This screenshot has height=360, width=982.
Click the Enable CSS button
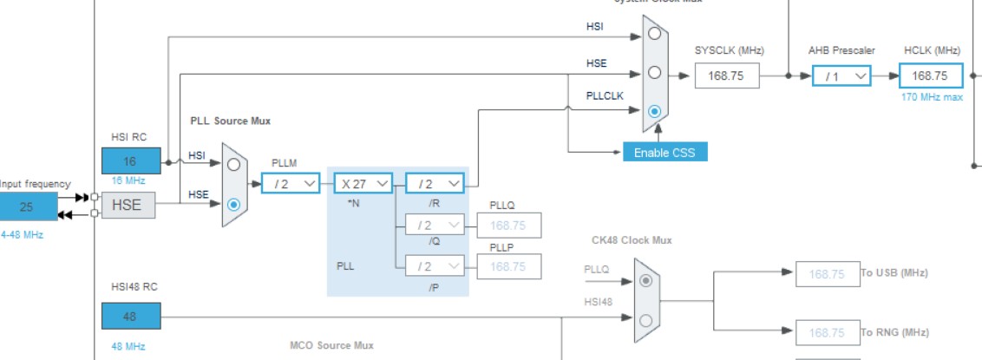pyautogui.click(x=664, y=152)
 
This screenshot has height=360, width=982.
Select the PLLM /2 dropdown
pyautogui.click(x=291, y=183)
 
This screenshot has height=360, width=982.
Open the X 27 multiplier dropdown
pyautogui.click(x=363, y=183)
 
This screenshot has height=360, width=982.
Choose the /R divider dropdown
pyautogui.click(x=434, y=183)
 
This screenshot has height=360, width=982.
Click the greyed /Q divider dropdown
pyautogui.click(x=434, y=226)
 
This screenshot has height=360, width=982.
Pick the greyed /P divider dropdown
pyautogui.click(x=434, y=266)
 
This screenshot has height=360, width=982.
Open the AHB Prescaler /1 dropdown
pyautogui.click(x=841, y=76)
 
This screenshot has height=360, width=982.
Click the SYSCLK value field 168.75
pyautogui.click(x=726, y=76)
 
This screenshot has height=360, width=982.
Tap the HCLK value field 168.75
pyautogui.click(x=930, y=76)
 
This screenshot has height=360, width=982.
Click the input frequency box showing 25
pyautogui.click(x=27, y=206)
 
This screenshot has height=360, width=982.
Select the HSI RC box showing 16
pyautogui.click(x=130, y=160)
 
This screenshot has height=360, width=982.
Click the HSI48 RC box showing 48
pyautogui.click(x=130, y=317)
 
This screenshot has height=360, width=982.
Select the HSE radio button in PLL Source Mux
pyautogui.click(x=233, y=206)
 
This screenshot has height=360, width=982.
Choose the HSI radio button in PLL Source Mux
pyautogui.click(x=233, y=162)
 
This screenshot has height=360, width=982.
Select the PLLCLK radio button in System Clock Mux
pyautogui.click(x=655, y=111)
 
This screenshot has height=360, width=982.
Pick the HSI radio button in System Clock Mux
pyautogui.click(x=655, y=34)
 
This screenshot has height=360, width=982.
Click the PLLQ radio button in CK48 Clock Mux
pyautogui.click(x=645, y=280)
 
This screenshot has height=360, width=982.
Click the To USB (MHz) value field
pyautogui.click(x=826, y=274)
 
